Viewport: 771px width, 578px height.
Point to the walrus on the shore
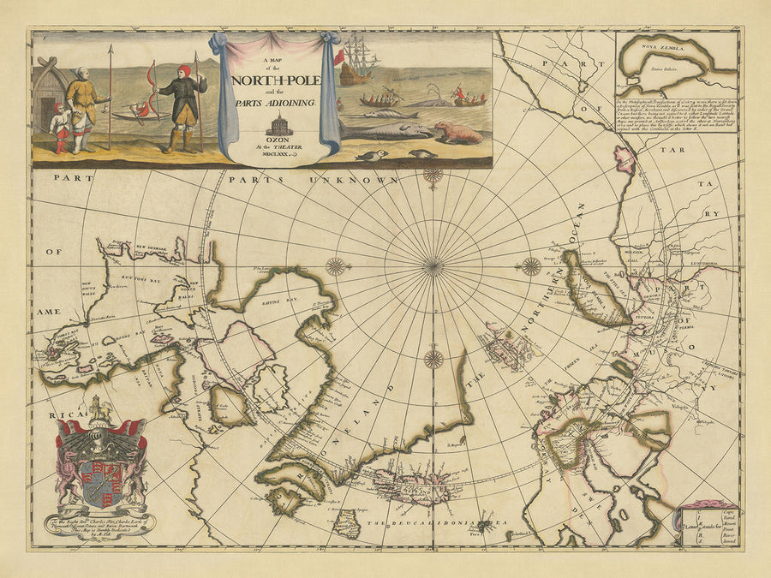[x=456, y=132]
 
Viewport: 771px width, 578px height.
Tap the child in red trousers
[x=59, y=128]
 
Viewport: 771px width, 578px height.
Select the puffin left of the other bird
[x=375, y=155]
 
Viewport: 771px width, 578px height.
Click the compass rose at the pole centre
[x=433, y=266]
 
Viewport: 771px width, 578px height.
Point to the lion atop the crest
[x=101, y=408]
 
